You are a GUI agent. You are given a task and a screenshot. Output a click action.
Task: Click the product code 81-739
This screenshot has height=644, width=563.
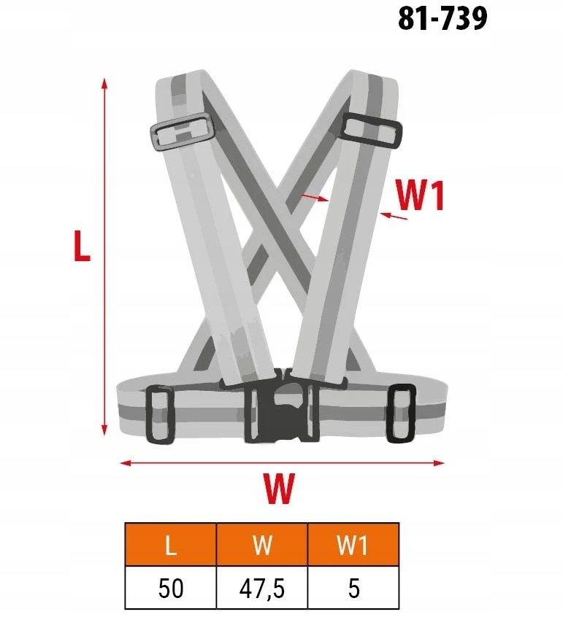pos(443,18)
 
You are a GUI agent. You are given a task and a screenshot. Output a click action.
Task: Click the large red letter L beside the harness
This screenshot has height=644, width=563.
pos(82,246)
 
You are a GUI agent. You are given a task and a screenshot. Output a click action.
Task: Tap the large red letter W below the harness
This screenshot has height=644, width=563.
pos(279,489)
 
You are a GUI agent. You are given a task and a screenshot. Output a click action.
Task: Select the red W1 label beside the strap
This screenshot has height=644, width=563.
pos(420,195)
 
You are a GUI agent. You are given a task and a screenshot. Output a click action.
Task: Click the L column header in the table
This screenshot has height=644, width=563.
pos(171,545)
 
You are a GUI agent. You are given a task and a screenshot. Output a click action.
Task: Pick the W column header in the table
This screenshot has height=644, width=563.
pos(262,545)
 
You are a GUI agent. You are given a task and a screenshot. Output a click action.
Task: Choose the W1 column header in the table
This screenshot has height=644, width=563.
pos(353,545)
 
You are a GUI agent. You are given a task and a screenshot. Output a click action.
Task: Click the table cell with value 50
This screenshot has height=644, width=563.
pos(171,588)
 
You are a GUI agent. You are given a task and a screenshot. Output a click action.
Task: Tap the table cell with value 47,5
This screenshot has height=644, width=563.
pos(262,588)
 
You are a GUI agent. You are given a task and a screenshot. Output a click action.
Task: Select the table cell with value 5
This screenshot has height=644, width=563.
pos(353,588)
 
